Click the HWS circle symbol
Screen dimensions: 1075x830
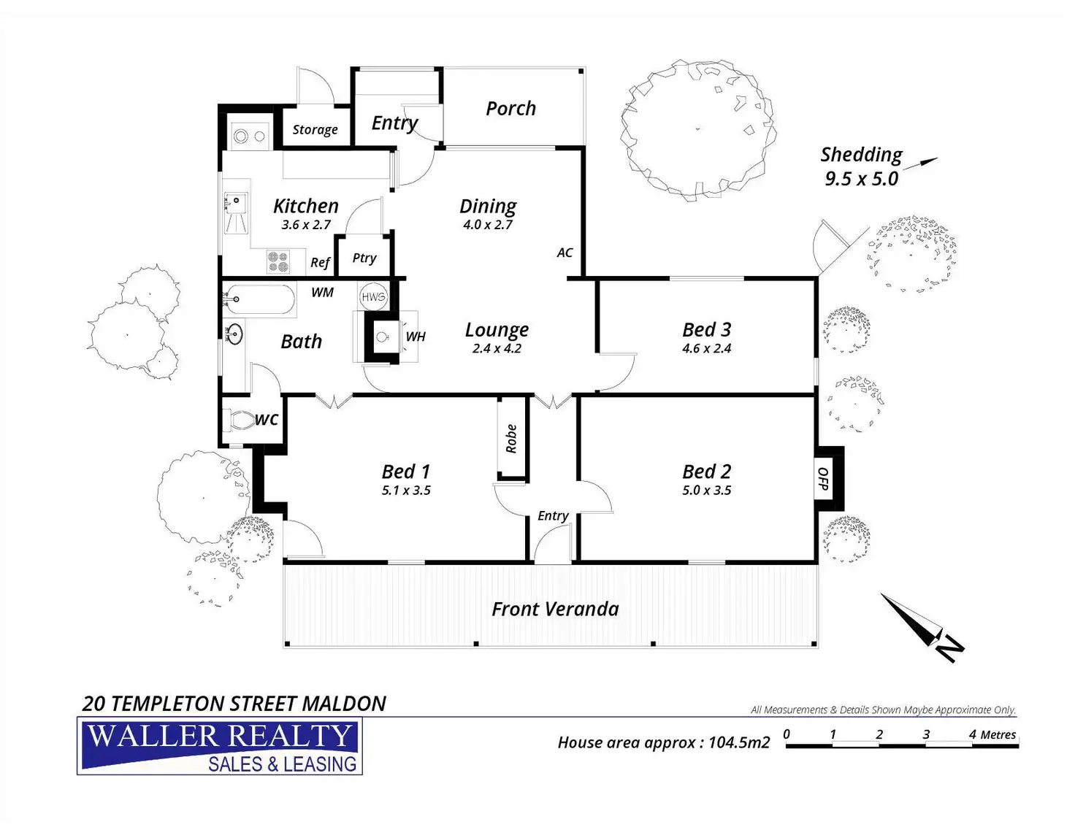tap(372, 296)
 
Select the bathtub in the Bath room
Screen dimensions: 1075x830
tap(259, 299)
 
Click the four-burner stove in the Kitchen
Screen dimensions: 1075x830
tap(278, 261)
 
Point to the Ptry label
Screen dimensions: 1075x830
tap(364, 258)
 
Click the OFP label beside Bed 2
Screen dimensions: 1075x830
tap(823, 479)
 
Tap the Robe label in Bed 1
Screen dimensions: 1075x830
tap(511, 439)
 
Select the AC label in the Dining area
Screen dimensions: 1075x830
tap(565, 253)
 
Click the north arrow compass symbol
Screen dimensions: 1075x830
tap(922, 627)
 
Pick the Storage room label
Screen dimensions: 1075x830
tap(315, 129)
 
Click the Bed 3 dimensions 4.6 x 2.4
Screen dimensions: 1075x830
tap(706, 348)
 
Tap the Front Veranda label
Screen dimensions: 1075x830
tap(555, 609)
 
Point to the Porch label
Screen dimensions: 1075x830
tap(510, 108)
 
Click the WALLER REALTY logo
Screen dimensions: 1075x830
tap(220, 745)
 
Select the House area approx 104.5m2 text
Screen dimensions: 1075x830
tap(664, 742)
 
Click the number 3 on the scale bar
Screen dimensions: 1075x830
tap(926, 734)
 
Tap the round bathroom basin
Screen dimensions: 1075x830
tap(234, 334)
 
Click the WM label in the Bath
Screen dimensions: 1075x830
tap(323, 293)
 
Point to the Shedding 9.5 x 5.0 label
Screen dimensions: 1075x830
tap(861, 166)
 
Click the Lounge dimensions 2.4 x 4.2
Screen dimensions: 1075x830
tap(497, 348)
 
